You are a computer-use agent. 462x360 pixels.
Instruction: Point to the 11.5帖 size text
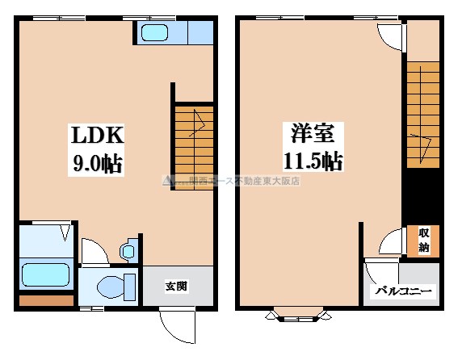(x=310, y=161)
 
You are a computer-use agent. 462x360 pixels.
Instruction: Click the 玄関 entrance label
(x=178, y=286)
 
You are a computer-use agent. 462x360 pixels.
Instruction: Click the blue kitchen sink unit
(x=153, y=33)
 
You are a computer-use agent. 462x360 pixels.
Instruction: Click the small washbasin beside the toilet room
(x=128, y=251)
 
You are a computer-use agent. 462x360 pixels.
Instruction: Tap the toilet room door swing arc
(x=92, y=250)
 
